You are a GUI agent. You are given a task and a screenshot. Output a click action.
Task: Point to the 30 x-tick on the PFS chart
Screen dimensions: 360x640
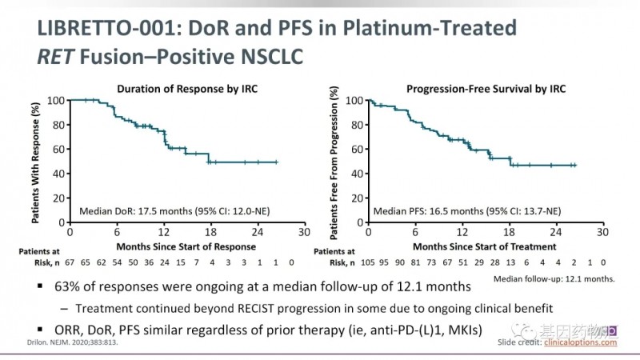pyautogui.click(x=601, y=233)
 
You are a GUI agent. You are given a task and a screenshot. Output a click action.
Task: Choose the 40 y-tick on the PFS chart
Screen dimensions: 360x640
pyautogui.click(x=353, y=174)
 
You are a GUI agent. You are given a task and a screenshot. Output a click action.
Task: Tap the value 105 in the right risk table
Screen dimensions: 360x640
pyautogui.click(x=369, y=262)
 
